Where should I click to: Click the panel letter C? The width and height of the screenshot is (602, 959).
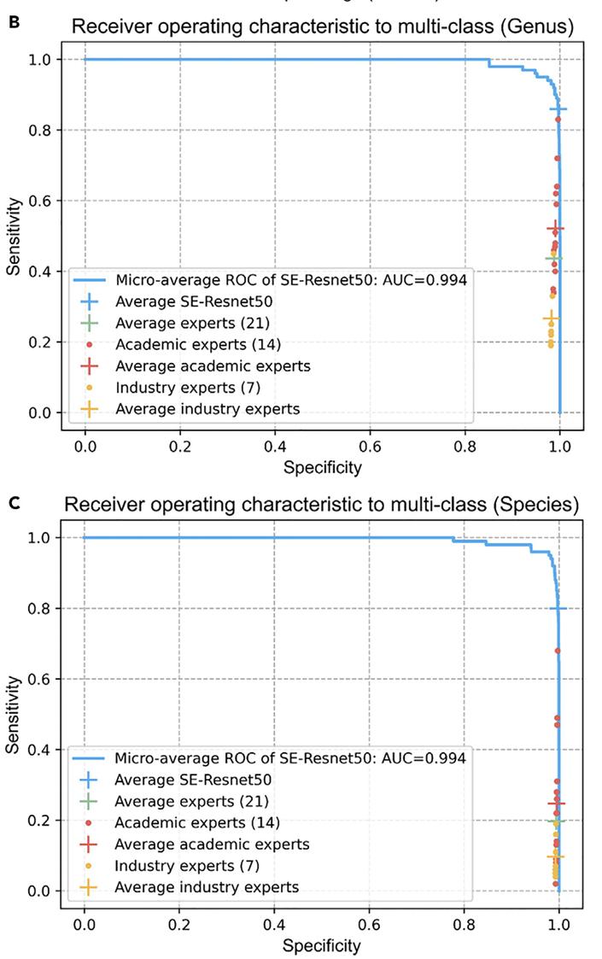tap(14, 503)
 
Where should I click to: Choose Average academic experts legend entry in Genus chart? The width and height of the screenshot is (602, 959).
tap(213, 366)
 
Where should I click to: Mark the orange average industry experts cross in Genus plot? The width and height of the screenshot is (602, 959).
tap(551, 319)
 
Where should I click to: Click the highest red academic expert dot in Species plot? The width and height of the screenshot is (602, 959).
tap(558, 651)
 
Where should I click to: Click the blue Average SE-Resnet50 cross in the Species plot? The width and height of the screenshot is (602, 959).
tap(558, 608)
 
